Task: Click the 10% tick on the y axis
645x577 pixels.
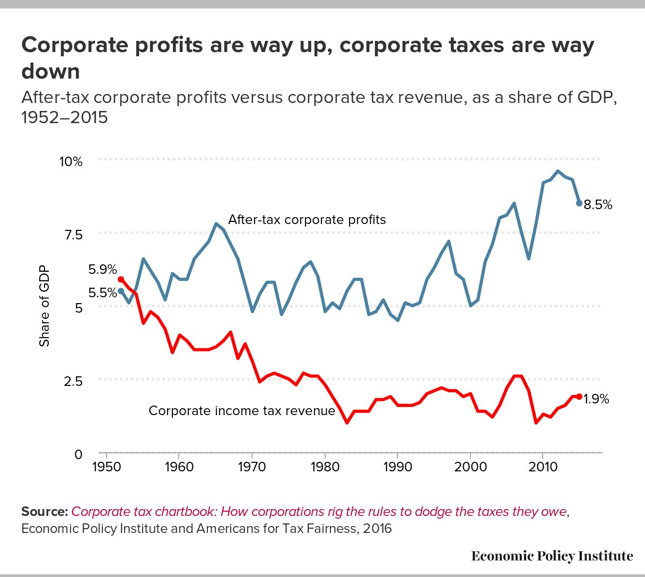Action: point(71,161)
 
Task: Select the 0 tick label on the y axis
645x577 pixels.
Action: point(79,454)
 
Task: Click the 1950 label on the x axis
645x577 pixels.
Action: point(107,467)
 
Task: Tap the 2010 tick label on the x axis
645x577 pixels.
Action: point(543,467)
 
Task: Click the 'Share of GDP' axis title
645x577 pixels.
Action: point(45,305)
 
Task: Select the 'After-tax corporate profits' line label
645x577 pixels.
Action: point(307,220)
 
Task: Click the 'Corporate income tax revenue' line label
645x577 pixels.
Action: point(242,411)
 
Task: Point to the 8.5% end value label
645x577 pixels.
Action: point(598,205)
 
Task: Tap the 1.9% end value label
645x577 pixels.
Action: point(596,399)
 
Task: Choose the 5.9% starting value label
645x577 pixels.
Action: point(102,270)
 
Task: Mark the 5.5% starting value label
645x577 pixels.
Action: point(102,293)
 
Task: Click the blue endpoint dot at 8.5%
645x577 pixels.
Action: point(579,203)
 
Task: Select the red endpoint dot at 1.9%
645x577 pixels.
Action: point(579,397)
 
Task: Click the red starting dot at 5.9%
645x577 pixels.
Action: point(120,279)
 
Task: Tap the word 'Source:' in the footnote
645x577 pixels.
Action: point(45,512)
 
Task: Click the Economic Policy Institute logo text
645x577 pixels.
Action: point(552,556)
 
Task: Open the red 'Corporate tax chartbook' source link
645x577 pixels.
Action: point(319,512)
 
